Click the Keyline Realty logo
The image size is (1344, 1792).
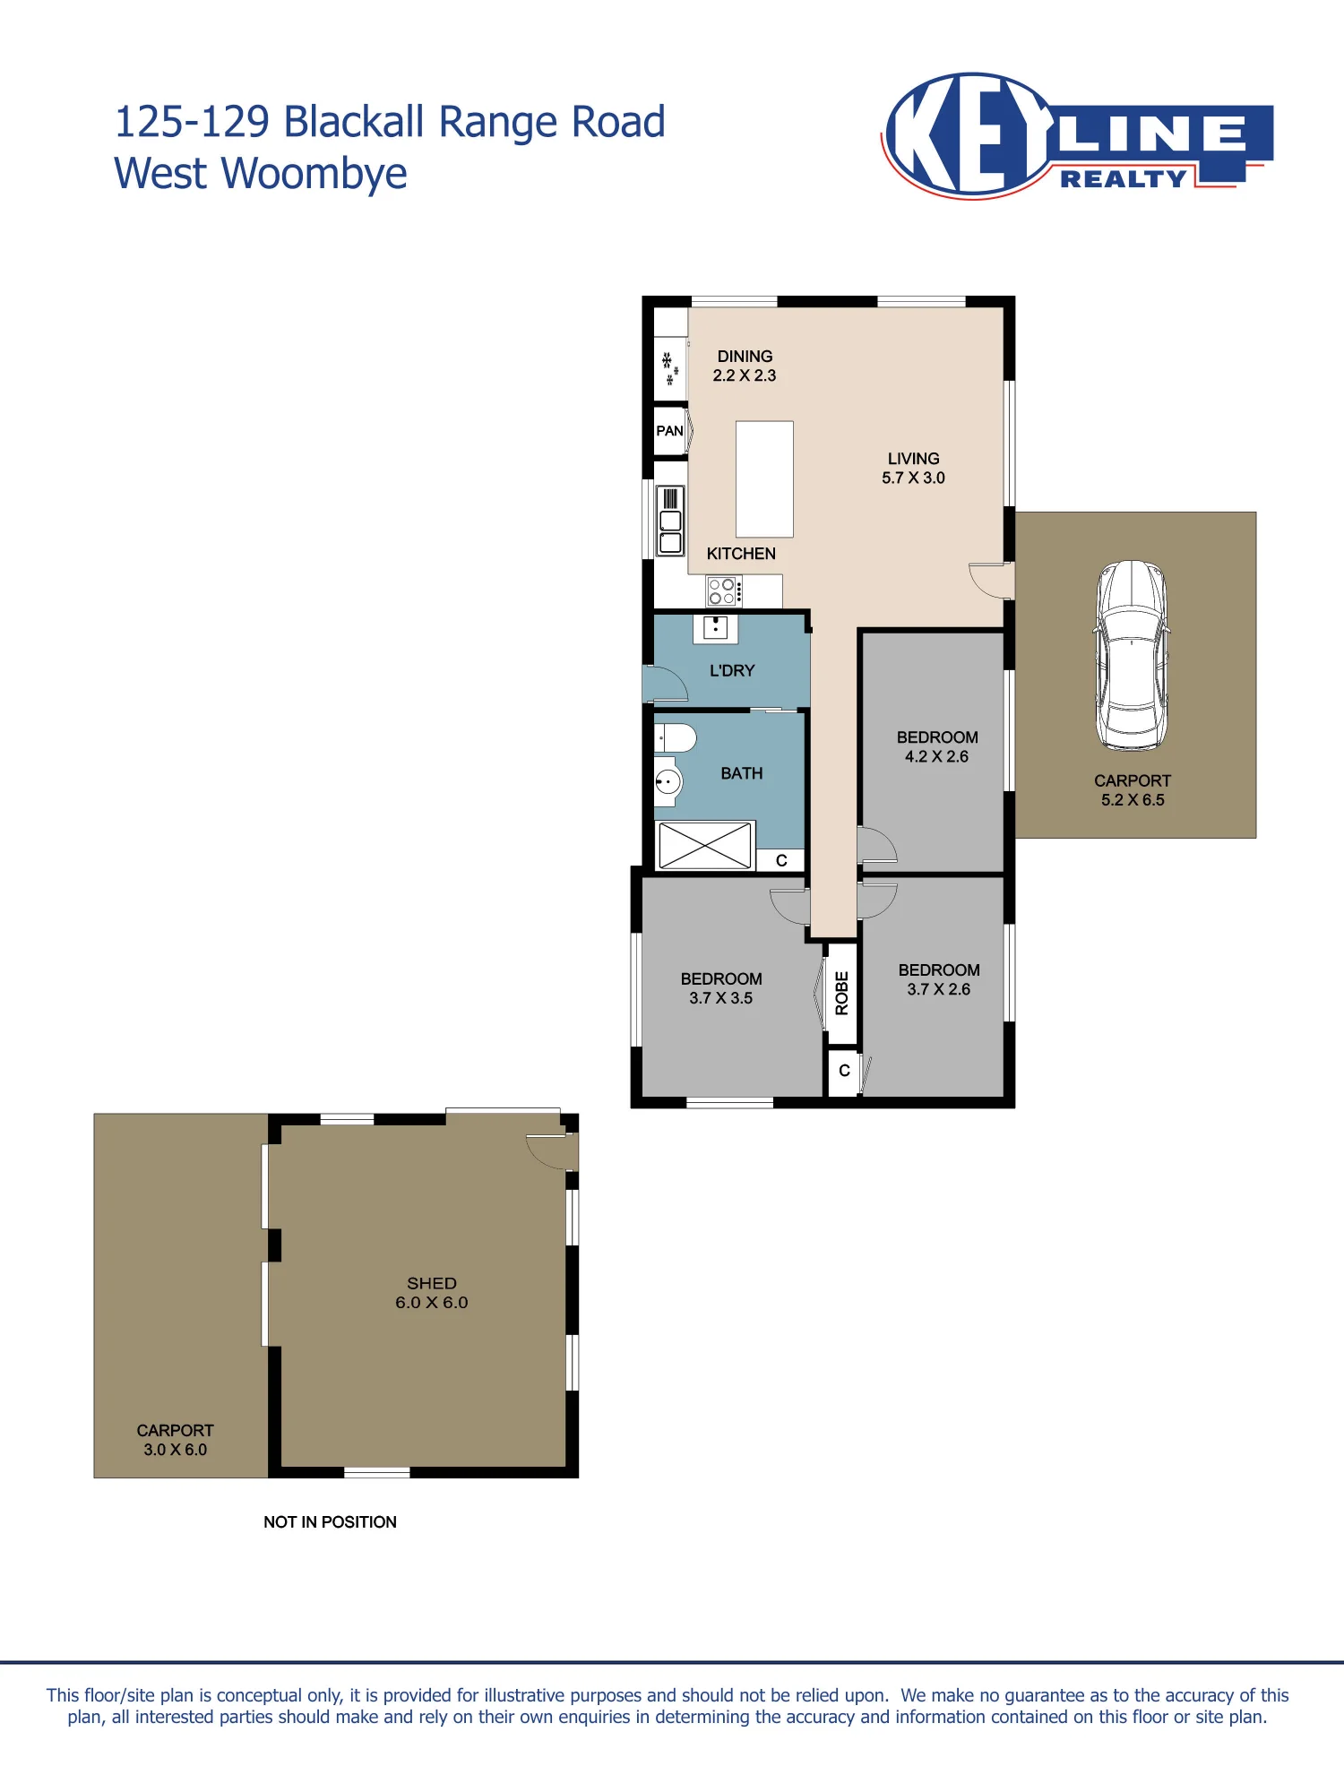coord(1078,135)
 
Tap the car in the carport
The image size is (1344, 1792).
coord(1132,656)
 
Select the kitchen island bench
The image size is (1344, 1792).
coord(764,479)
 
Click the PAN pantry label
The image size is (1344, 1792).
coord(669,431)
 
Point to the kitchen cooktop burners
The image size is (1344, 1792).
coord(724,591)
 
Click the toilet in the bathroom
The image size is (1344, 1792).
coord(676,738)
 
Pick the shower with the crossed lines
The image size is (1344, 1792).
coord(705,845)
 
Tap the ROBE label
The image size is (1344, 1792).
coord(842,993)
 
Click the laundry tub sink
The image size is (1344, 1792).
coord(715,628)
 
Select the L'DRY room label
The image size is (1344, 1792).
coord(732,670)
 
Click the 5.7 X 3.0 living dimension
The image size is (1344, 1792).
coord(913,478)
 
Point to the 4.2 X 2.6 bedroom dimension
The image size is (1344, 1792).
coord(936,756)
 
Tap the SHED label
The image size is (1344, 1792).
coord(432,1283)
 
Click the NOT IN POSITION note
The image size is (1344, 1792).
coord(330,1522)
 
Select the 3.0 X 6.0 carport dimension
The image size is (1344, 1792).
coord(175,1450)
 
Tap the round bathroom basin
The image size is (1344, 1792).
coord(668,781)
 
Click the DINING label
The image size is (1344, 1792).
coord(745,357)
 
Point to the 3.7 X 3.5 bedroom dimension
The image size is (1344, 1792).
coord(720,998)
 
